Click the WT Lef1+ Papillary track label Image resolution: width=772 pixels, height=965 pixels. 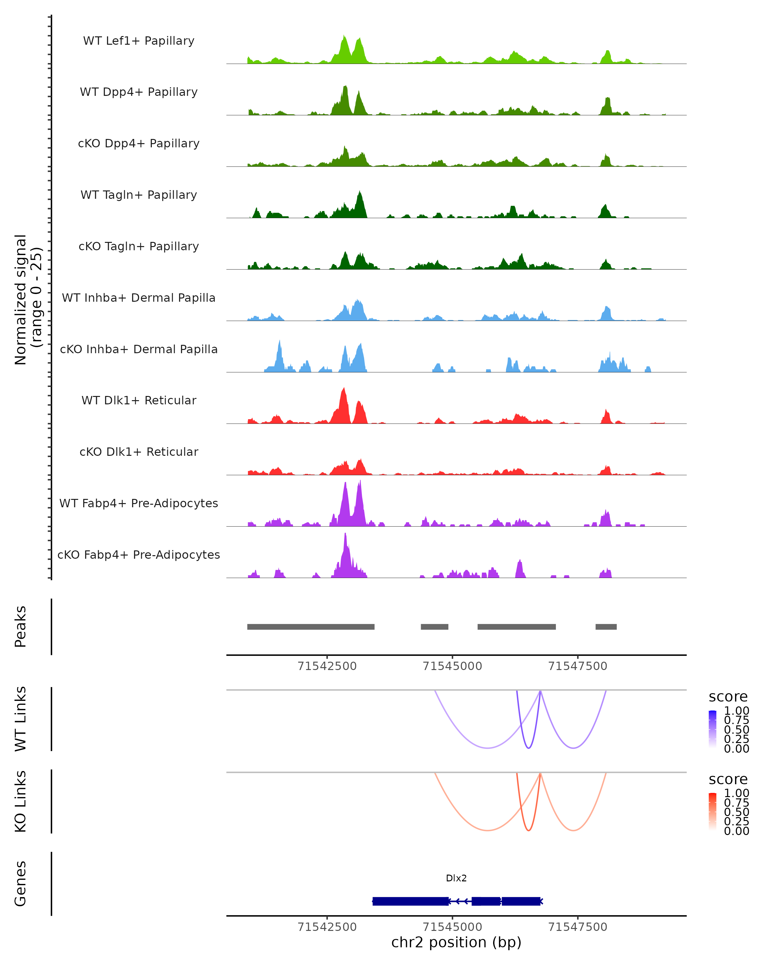(x=139, y=41)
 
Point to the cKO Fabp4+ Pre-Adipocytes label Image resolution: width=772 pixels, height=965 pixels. (x=139, y=555)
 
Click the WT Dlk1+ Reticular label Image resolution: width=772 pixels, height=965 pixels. (x=139, y=400)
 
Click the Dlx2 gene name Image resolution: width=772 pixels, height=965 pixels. (x=456, y=878)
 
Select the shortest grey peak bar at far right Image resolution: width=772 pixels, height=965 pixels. (x=606, y=627)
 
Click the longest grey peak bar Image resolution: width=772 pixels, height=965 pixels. (x=311, y=627)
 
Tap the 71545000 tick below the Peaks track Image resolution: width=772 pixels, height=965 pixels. (x=453, y=666)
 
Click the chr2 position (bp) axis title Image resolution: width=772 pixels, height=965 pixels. (x=456, y=942)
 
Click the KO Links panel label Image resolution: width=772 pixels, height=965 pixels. (x=21, y=802)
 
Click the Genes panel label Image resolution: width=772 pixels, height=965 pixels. (x=21, y=884)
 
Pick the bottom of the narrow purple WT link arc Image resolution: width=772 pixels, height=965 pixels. (x=528, y=748)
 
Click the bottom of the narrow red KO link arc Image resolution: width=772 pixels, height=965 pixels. (x=528, y=830)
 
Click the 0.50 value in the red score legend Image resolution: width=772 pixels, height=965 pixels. (x=736, y=812)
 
